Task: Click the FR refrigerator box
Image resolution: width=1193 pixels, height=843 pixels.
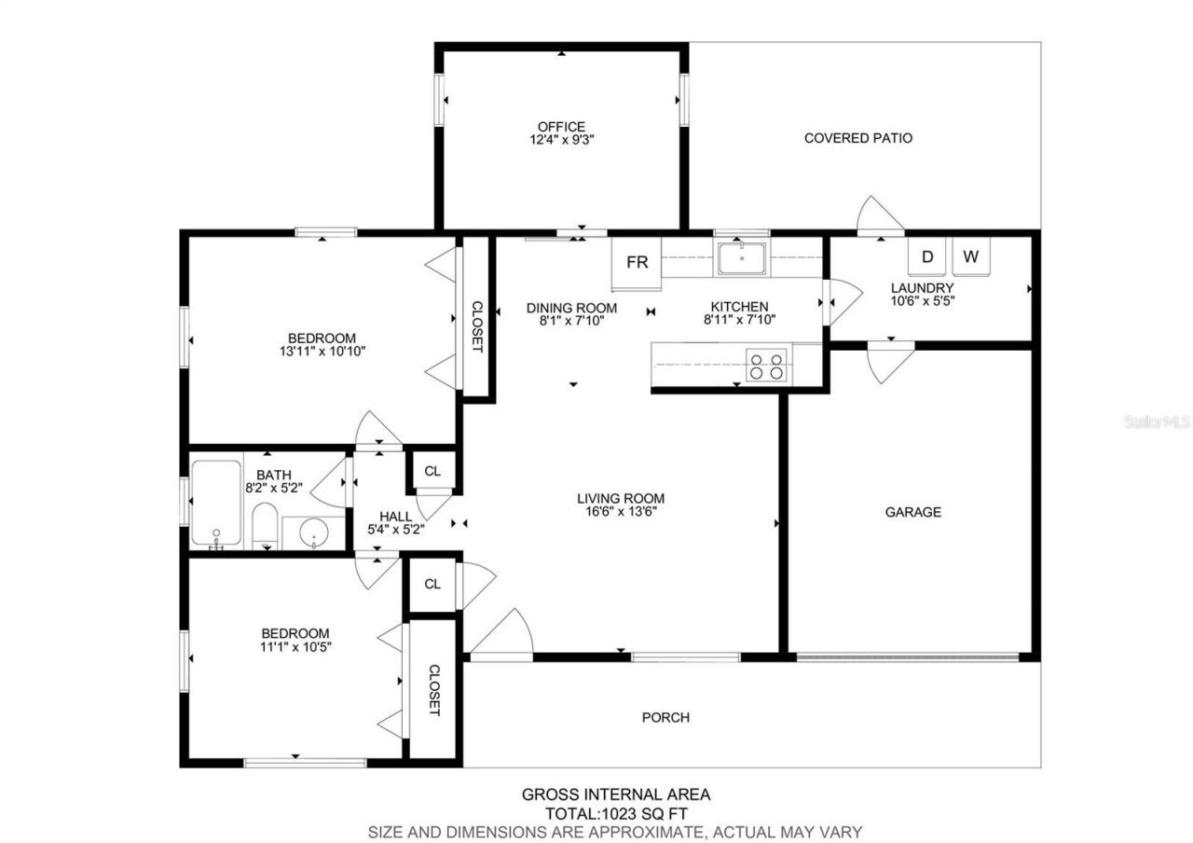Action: [x=637, y=263]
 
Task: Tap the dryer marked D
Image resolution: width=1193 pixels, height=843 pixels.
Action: [x=926, y=256]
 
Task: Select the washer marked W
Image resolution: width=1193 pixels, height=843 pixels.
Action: [x=970, y=256]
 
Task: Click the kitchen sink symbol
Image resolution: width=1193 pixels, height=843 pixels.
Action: [x=742, y=258]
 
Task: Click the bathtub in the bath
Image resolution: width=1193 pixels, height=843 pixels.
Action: [x=216, y=501]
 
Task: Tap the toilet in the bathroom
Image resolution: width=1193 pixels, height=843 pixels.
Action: [x=265, y=527]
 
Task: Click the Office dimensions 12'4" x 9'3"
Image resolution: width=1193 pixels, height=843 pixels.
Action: [x=561, y=141]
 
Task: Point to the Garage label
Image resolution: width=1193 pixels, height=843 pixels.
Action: [x=912, y=512]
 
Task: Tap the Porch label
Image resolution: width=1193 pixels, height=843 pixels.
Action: [x=665, y=717]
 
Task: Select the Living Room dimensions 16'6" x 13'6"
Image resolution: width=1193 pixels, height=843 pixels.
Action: [x=620, y=512]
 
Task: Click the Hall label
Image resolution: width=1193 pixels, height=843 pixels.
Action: [x=395, y=516]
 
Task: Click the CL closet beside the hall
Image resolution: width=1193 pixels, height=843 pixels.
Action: [x=432, y=472]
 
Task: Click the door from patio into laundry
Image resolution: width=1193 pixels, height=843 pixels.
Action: [x=880, y=216]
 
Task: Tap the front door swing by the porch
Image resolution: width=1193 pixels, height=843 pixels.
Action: [x=501, y=636]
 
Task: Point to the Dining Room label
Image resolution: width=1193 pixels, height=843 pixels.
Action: [x=571, y=307]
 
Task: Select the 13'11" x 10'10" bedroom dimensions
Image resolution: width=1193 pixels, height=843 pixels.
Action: [x=321, y=352]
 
